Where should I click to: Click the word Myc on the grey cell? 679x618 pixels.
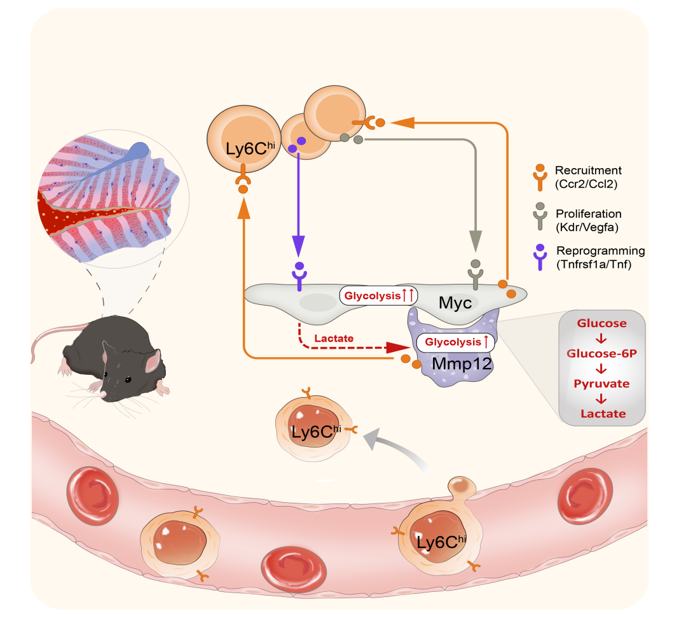tap(455, 302)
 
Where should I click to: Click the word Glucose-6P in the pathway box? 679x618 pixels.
tap(603, 354)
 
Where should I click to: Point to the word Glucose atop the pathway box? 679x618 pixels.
tap(602, 323)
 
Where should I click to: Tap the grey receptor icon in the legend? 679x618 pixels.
tap(540, 220)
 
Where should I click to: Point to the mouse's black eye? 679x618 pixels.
tap(127, 380)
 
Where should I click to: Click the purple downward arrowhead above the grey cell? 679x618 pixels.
tap(298, 245)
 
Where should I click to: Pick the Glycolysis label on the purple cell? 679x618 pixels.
tap(455, 342)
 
